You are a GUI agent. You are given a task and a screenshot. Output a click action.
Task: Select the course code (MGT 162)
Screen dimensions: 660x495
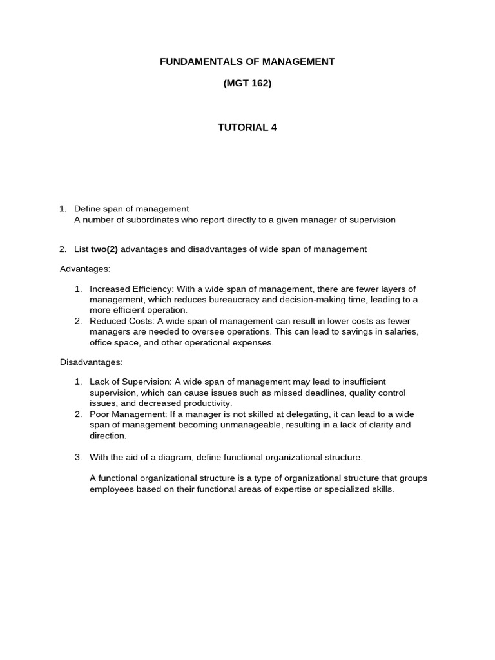[x=247, y=83]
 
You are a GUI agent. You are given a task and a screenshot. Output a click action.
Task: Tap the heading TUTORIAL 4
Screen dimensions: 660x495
[x=247, y=127]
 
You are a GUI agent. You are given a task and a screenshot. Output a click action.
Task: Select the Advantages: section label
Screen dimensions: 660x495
[x=85, y=268]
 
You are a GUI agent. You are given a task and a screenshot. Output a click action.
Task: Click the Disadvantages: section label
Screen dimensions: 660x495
[x=91, y=362]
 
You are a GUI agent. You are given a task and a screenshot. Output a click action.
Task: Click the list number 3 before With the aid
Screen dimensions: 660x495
[x=78, y=458]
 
